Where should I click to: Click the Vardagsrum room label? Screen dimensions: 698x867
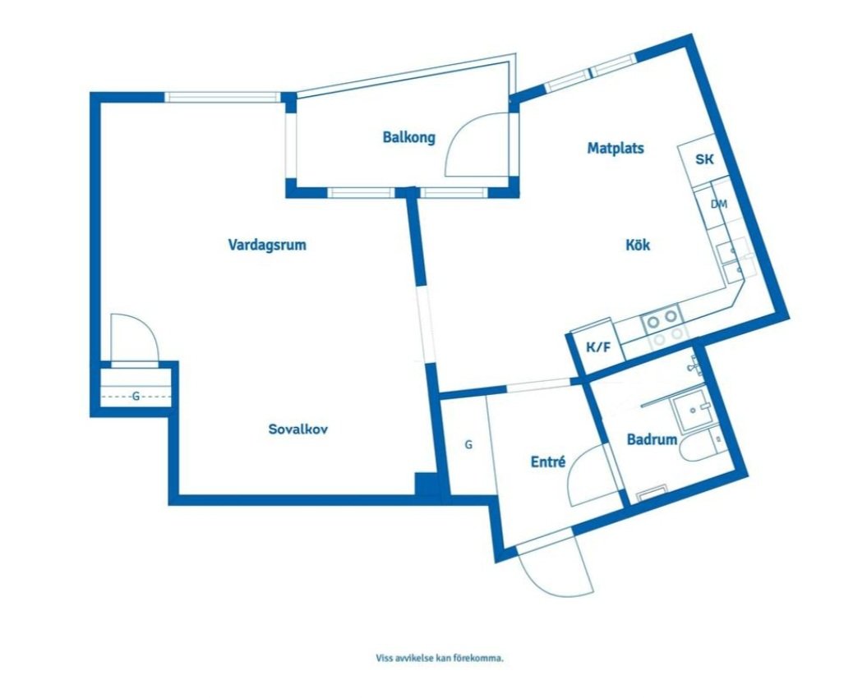266,245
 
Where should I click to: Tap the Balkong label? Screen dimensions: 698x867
408,137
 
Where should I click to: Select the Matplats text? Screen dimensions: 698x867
615,149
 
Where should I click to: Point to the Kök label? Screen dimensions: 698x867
638,245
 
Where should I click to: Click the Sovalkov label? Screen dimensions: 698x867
298,429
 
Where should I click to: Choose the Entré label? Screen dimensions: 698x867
547,462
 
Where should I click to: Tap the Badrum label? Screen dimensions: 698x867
652,440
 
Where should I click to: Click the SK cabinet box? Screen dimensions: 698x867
703,160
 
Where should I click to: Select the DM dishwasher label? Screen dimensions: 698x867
718,204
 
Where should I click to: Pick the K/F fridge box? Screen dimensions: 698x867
597,347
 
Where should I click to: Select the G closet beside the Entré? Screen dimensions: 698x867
468,445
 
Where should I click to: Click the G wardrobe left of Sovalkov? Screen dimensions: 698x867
136,396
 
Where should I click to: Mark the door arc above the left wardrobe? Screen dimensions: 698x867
131,337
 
